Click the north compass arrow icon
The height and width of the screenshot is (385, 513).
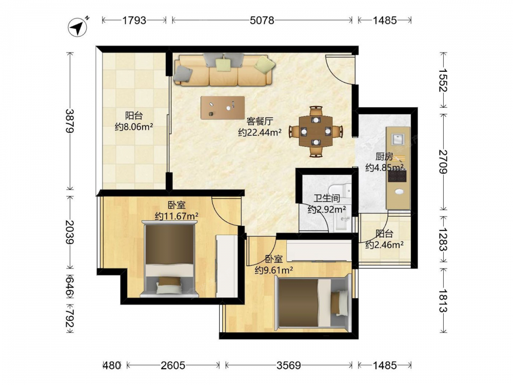click(78, 27)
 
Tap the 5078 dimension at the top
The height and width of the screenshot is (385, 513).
click(262, 21)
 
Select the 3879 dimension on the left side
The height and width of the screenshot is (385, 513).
click(70, 121)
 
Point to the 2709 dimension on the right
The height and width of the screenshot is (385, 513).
click(443, 162)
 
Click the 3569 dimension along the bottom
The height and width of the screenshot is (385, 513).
click(289, 365)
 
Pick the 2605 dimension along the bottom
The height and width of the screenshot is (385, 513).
click(173, 365)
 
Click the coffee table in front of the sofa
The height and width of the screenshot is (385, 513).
click(223, 107)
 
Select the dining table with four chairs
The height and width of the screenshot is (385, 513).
click(315, 131)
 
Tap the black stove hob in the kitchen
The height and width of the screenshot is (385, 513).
click(397, 176)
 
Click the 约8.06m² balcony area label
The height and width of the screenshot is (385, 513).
click(134, 127)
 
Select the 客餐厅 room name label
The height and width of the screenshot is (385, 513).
click(260, 121)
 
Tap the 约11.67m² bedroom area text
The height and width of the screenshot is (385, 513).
click(176, 216)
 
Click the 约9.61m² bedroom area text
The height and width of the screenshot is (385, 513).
click(274, 270)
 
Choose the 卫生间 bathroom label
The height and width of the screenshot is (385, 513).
click(326, 198)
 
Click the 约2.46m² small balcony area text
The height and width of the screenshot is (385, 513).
click(384, 244)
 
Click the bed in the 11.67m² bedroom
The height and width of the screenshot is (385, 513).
click(169, 259)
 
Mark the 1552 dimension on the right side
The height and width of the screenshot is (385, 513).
click(443, 80)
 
